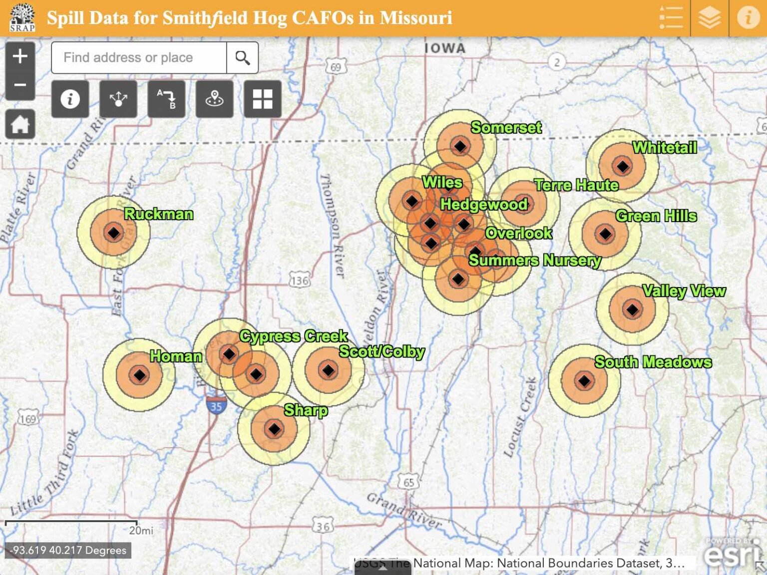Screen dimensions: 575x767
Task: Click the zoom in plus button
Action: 20,56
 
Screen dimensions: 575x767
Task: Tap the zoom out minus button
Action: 20,85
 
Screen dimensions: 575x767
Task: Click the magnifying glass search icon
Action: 243,58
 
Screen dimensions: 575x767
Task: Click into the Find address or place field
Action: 139,58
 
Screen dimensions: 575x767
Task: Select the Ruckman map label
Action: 159,214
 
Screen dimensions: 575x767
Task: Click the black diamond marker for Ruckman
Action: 114,233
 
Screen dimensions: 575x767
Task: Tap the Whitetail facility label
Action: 665,148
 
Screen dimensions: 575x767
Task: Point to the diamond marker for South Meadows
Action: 584,381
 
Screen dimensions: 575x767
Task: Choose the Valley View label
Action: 684,291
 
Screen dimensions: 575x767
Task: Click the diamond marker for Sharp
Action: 274,429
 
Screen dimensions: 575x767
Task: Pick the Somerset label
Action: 506,128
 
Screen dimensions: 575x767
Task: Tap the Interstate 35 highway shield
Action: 216,405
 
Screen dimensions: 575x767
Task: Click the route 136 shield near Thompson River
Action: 300,281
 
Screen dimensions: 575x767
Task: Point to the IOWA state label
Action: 445,48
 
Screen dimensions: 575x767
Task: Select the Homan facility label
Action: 176,356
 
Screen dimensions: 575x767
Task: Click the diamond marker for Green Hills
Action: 605,234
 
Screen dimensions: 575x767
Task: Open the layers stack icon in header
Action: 710,18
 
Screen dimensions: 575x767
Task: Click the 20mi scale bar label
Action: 141,530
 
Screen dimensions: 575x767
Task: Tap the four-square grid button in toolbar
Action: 263,99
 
